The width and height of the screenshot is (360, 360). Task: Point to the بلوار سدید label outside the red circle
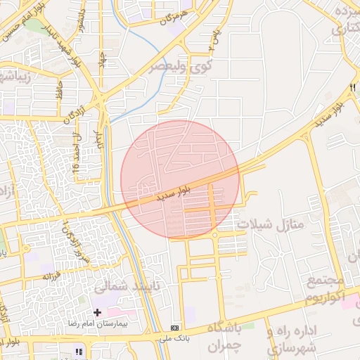(x=332, y=115)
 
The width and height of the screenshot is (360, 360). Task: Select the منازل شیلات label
(x=270, y=224)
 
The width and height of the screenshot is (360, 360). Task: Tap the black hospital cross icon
(x=97, y=311)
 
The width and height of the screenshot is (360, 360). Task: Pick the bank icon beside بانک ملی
(x=175, y=328)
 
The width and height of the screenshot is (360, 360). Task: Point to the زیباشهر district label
(x=15, y=75)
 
